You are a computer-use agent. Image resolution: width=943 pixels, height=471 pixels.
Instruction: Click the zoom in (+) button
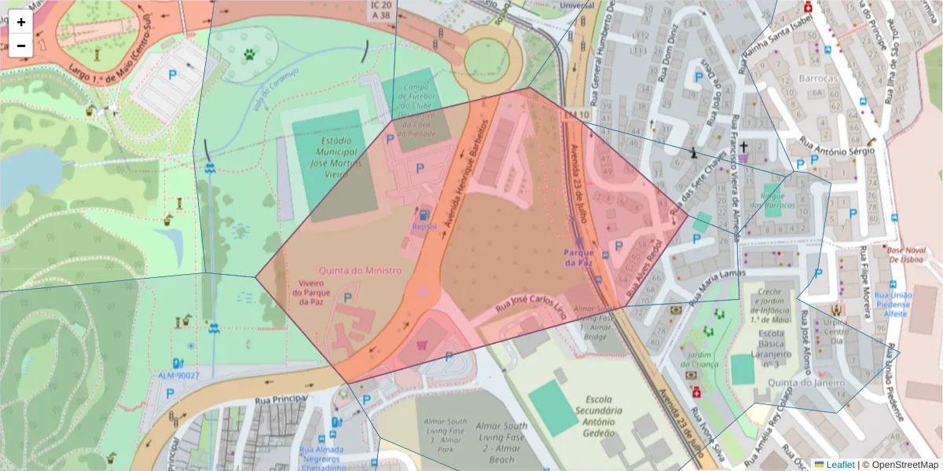click(21, 22)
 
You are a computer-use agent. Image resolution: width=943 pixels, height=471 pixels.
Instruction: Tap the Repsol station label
click(424, 226)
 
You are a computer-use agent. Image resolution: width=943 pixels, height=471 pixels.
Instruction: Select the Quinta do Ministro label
click(360, 270)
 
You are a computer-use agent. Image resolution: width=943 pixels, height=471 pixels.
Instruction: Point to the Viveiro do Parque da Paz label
click(308, 292)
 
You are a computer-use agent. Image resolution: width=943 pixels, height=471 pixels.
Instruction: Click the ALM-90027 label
click(178, 375)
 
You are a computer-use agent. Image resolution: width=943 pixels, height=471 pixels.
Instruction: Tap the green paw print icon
click(249, 55)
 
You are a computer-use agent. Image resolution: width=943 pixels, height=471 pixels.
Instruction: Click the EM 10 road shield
click(576, 115)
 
